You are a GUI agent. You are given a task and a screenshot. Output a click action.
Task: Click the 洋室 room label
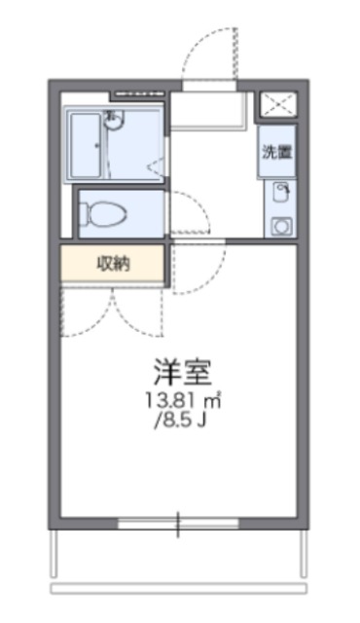point(182,372)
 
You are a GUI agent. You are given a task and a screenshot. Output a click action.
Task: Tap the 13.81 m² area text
point(183,400)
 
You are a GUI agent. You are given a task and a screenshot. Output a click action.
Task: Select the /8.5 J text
point(181,420)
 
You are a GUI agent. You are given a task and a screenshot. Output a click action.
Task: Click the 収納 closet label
point(114,264)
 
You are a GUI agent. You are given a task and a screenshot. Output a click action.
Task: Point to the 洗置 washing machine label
point(276,152)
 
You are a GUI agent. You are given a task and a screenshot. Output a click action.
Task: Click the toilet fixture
point(103,213)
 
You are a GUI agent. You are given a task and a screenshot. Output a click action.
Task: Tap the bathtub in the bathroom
point(86,145)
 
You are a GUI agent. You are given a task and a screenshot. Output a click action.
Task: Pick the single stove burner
point(281,227)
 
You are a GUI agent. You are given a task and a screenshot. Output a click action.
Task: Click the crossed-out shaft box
point(279,104)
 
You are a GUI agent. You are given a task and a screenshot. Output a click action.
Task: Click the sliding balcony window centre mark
point(178,525)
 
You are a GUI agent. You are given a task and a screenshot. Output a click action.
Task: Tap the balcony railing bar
point(179,588)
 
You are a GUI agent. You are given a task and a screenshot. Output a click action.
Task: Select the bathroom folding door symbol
point(156,167)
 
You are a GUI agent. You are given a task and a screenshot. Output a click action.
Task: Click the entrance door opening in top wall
point(209,85)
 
